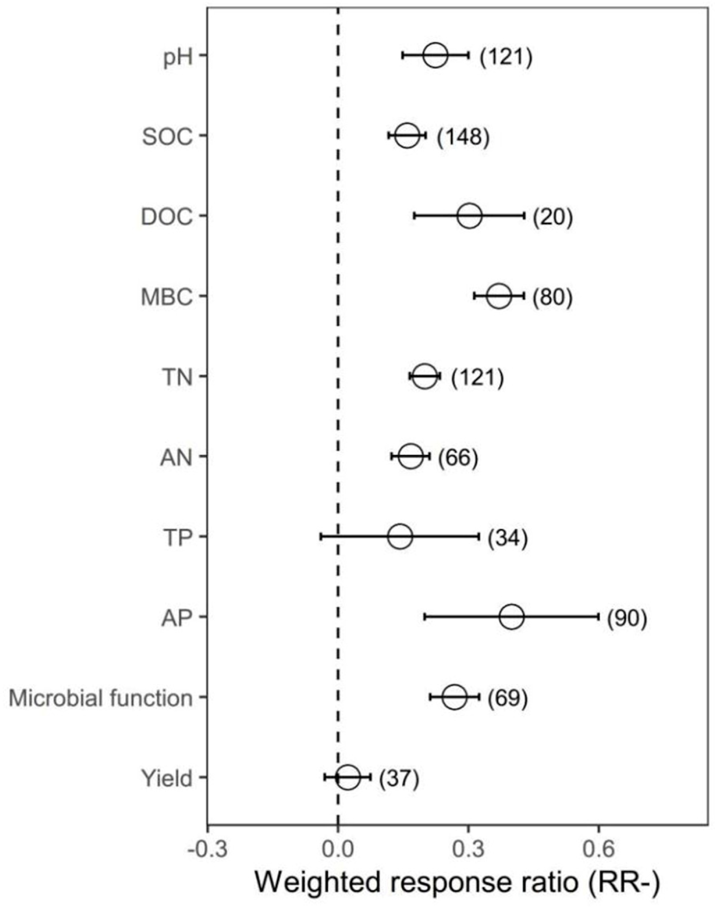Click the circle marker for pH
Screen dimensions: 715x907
(x=435, y=55)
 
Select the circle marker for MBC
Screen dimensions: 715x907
(x=499, y=296)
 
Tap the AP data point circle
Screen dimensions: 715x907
(x=512, y=617)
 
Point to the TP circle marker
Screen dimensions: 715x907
(x=400, y=536)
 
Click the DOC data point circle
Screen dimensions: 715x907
(x=470, y=216)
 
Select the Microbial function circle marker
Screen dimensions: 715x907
(x=454, y=697)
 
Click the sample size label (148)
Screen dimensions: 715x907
(x=463, y=137)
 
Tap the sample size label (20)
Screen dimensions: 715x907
(x=553, y=217)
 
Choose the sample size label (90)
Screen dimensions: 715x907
(x=627, y=618)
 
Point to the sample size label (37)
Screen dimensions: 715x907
(x=399, y=778)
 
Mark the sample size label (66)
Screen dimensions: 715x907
(x=457, y=458)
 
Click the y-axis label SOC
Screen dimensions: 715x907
(x=168, y=137)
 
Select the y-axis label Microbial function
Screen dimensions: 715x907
(x=101, y=698)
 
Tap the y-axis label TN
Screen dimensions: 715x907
(x=177, y=377)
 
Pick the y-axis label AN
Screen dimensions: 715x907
(x=177, y=458)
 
